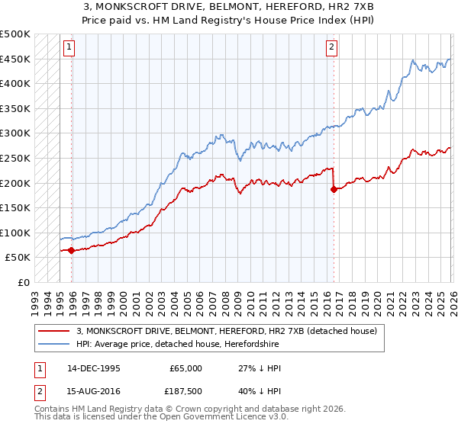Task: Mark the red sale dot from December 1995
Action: click(72, 250)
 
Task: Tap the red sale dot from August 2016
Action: click(334, 189)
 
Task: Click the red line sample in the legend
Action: click(53, 331)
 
